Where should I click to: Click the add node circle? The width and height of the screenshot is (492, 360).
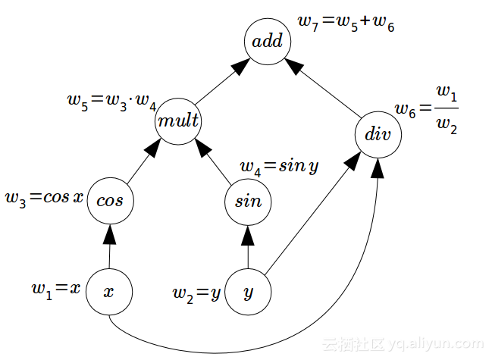point(268,41)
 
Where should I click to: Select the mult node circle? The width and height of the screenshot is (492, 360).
point(179,121)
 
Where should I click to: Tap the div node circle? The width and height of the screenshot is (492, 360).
point(377,136)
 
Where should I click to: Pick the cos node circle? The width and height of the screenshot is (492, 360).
point(111,201)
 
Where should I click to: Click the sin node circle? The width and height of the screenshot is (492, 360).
point(248,201)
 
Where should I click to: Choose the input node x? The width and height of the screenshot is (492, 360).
point(108,292)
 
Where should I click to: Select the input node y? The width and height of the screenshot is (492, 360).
point(248,292)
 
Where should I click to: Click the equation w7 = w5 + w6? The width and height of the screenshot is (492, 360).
point(346,24)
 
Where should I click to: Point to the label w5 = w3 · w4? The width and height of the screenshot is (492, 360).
point(111,102)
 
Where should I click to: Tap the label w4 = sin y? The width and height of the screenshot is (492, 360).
point(278,166)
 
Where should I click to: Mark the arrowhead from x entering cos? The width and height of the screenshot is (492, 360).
point(111,233)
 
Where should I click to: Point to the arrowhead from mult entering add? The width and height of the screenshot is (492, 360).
point(239,67)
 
